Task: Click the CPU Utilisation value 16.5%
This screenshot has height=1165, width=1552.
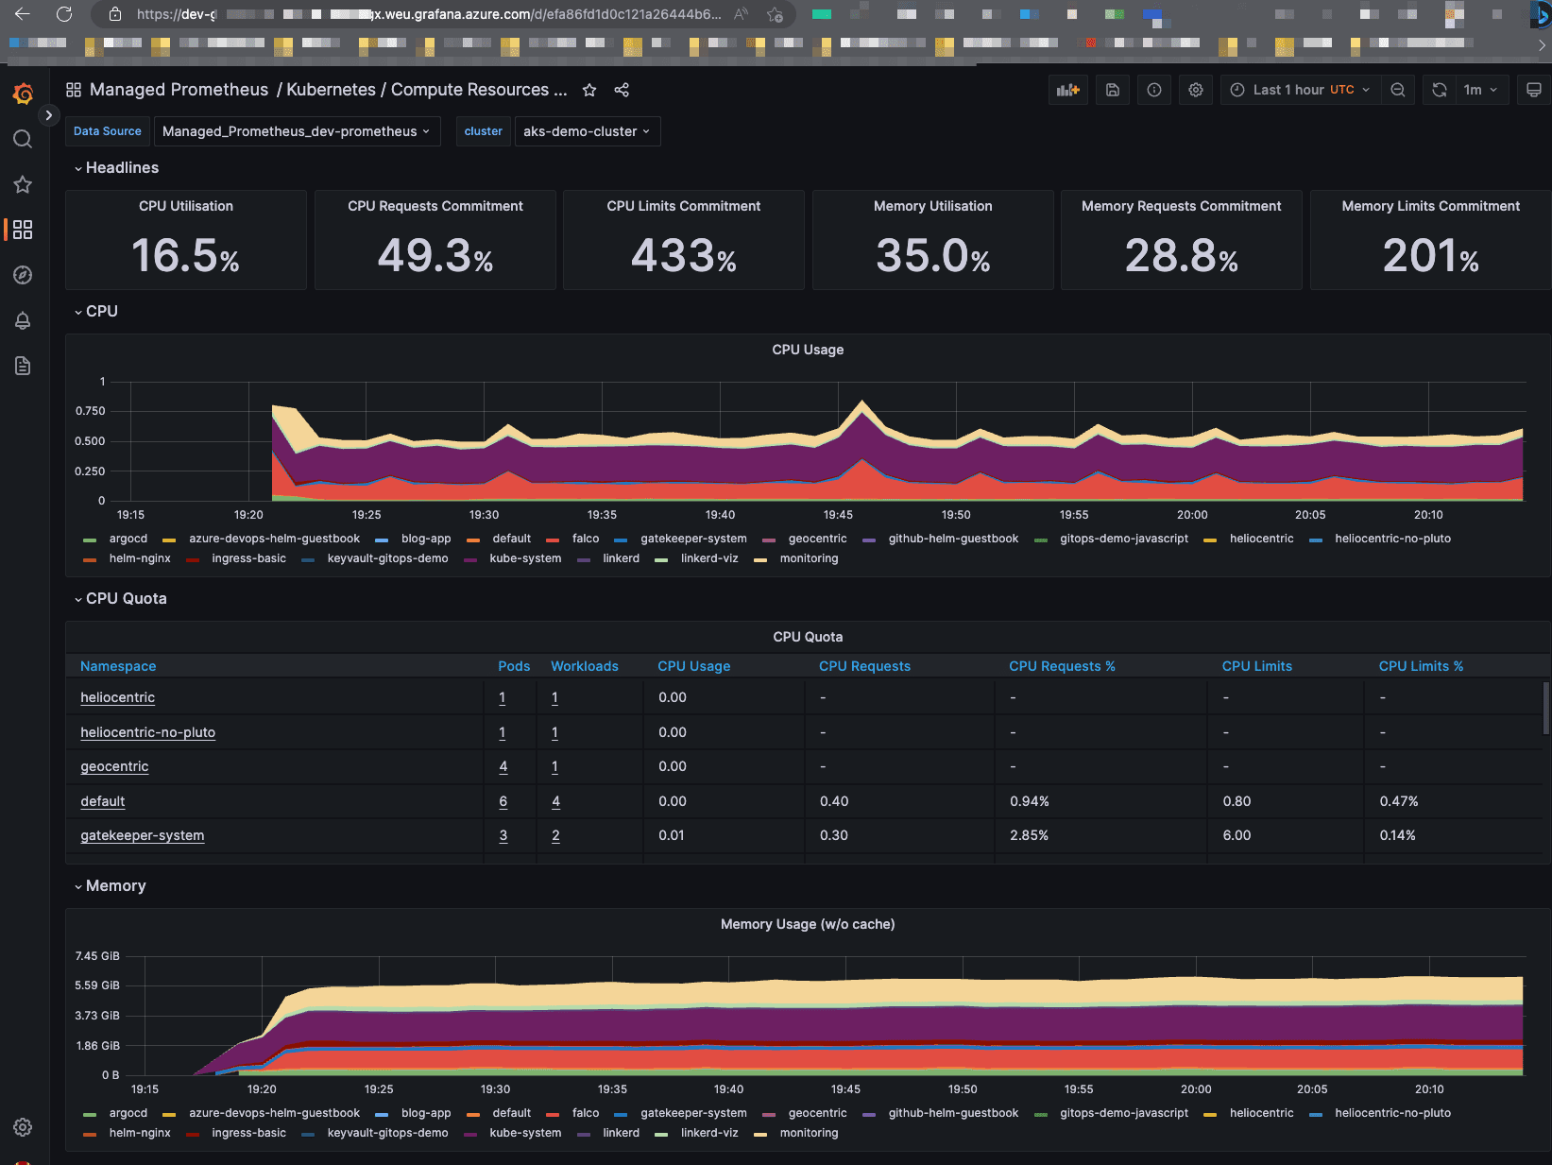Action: pyautogui.click(x=185, y=256)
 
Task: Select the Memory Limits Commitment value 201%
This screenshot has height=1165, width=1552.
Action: pyautogui.click(x=1430, y=256)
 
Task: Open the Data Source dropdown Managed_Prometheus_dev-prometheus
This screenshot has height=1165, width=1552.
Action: pyautogui.click(x=296, y=131)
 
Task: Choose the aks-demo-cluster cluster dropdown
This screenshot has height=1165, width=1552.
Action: pyautogui.click(x=587, y=131)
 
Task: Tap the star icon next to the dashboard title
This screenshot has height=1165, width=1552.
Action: pyautogui.click(x=589, y=90)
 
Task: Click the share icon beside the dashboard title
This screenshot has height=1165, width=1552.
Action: pyautogui.click(x=622, y=90)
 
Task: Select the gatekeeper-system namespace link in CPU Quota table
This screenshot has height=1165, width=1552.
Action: pyautogui.click(x=142, y=835)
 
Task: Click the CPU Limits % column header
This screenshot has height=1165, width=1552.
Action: pyautogui.click(x=1420, y=666)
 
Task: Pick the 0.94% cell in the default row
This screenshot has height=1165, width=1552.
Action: pyautogui.click(x=1029, y=801)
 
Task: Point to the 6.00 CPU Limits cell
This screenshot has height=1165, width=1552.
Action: pyautogui.click(x=1236, y=835)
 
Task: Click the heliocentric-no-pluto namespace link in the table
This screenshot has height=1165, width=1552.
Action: pyautogui.click(x=147, y=732)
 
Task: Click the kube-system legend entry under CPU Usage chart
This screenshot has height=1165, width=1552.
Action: pyautogui.click(x=525, y=558)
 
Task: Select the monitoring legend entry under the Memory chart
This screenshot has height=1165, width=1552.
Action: pyautogui.click(x=809, y=1133)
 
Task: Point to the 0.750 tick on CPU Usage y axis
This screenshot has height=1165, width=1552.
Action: pyautogui.click(x=91, y=411)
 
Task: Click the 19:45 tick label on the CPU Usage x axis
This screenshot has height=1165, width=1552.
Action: pyautogui.click(x=838, y=515)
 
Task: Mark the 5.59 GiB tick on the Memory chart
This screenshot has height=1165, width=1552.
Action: pyautogui.click(x=97, y=985)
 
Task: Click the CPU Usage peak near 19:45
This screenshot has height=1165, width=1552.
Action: pyautogui.click(x=861, y=403)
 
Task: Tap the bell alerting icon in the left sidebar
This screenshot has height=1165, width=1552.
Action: pyautogui.click(x=23, y=320)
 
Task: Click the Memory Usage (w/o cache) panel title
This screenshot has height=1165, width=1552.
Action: pyautogui.click(x=807, y=924)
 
